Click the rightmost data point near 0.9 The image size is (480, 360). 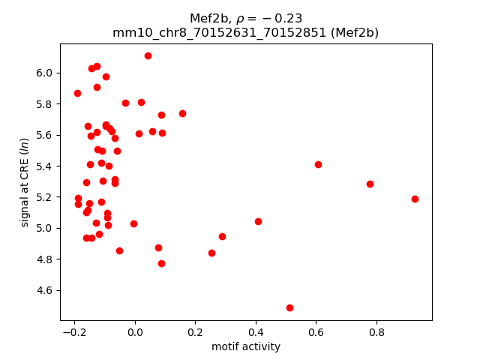pos(415,199)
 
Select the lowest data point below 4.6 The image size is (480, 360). pos(289,307)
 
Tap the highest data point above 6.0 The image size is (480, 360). pos(148,55)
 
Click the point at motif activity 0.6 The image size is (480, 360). pos(318,164)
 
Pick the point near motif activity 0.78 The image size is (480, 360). pos(370,184)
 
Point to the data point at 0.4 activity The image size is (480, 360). pos(258,221)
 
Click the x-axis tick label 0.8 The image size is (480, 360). pos(376,331)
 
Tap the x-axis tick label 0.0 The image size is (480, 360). pos(135,331)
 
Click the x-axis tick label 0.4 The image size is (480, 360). pos(256,331)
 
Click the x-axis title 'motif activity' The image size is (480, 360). pos(246,346)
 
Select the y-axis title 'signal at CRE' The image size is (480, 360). pos(25,181)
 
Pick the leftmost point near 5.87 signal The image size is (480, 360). pos(77,93)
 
